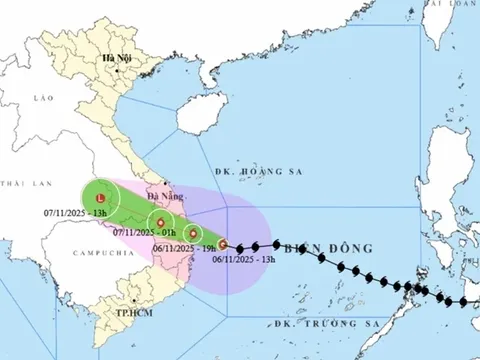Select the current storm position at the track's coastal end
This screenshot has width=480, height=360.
tap(225, 244)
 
